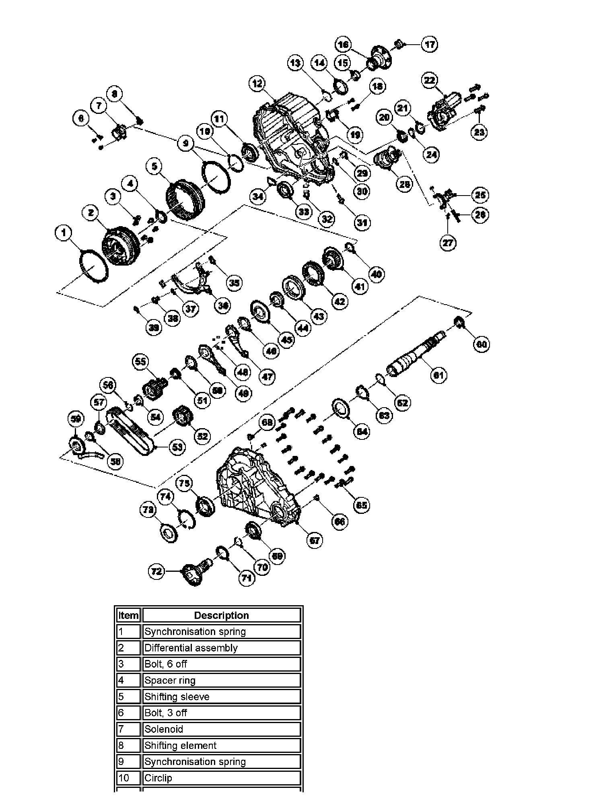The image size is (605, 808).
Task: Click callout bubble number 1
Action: click(x=63, y=233)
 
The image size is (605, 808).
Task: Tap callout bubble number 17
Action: click(x=429, y=44)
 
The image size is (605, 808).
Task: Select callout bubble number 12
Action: click(x=257, y=84)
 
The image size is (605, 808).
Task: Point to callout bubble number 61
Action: click(x=438, y=375)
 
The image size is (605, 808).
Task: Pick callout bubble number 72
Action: click(x=156, y=571)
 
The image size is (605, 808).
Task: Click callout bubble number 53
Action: click(x=177, y=447)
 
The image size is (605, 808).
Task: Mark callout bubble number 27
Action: click(x=448, y=243)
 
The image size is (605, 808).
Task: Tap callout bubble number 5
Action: click(x=154, y=166)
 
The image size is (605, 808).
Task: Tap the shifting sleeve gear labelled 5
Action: click(x=186, y=201)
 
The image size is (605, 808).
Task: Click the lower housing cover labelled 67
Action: click(x=257, y=487)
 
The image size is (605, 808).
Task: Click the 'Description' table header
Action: click(x=221, y=615)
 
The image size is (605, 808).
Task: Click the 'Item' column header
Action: click(x=128, y=615)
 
